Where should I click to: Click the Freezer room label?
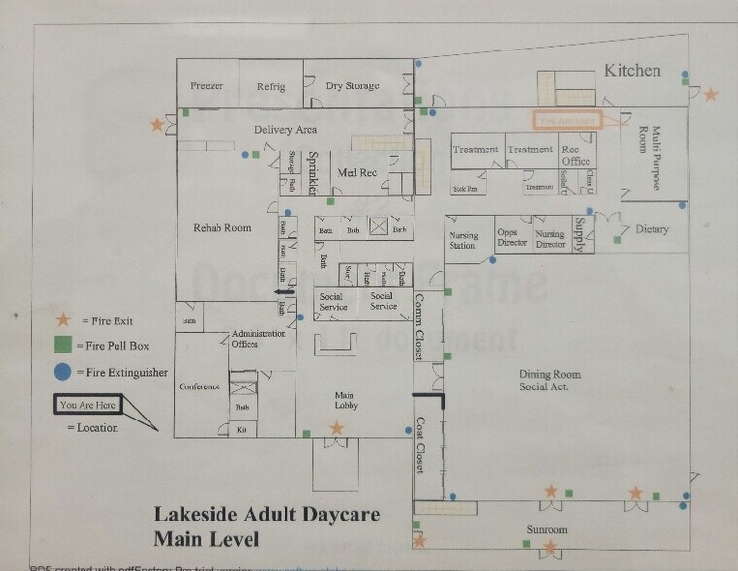(207, 86)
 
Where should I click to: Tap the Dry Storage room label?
(352, 86)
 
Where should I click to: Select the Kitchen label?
(632, 71)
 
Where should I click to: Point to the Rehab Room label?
(222, 228)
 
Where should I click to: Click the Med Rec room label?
(356, 173)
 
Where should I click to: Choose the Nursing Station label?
(462, 240)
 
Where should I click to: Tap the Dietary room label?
(652, 230)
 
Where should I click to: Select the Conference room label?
(200, 386)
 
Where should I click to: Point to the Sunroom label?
(549, 530)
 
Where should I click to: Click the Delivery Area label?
(285, 130)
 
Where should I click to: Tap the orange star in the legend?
(63, 319)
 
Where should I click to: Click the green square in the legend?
(63, 345)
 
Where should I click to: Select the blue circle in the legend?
(63, 371)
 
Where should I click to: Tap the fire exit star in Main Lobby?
(337, 428)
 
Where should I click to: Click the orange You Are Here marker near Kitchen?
(567, 120)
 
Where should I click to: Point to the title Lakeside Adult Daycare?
(267, 515)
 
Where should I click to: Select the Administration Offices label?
(258, 338)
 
